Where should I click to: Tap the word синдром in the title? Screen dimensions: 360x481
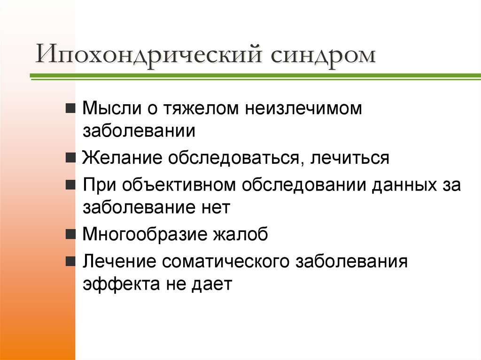click(x=323, y=56)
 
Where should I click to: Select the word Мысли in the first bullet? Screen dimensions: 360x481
click(x=106, y=109)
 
